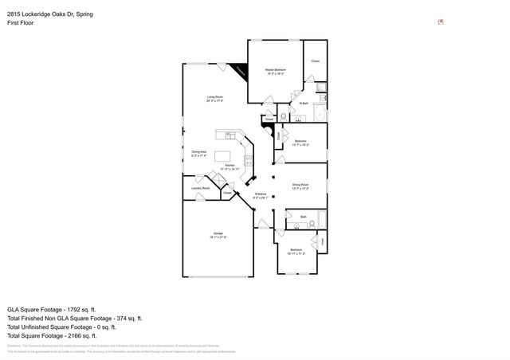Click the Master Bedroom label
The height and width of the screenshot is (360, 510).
[276, 71]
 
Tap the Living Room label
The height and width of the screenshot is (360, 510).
[215, 99]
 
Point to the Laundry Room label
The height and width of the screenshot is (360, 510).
[200, 188]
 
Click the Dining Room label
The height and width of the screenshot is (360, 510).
[300, 185]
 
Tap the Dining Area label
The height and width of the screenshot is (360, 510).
[199, 153]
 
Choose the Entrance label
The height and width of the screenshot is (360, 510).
[260, 195]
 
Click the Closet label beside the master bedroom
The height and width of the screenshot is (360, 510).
[316, 61]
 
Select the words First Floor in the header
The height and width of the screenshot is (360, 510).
[20, 23]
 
